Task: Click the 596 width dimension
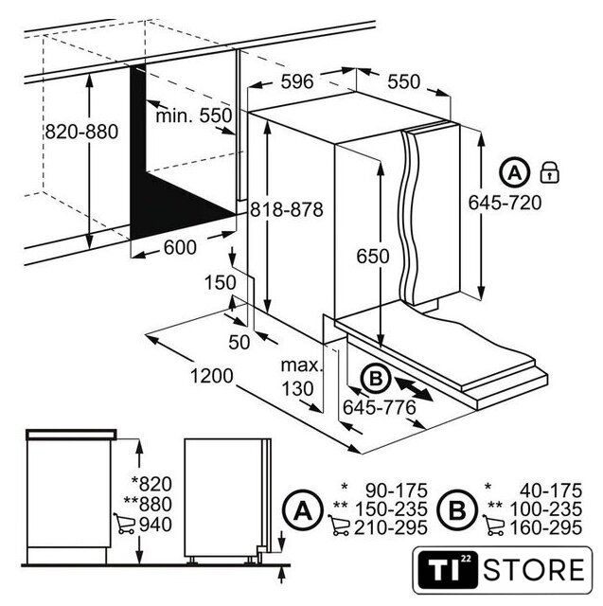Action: point(297,81)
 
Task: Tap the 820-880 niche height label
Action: point(81,132)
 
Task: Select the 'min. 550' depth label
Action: point(193,116)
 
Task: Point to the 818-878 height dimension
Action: point(286,210)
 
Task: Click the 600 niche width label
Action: point(180,247)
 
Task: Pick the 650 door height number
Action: point(373,257)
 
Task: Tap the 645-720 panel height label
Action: point(505,203)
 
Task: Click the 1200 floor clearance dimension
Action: point(212,376)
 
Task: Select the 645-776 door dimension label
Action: point(380,407)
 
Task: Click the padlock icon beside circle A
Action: point(549,172)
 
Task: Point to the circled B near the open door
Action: point(376,379)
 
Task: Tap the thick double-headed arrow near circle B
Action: point(414,389)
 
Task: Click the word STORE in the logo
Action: point(534,570)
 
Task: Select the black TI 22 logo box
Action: point(448,570)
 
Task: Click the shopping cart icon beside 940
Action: point(124,524)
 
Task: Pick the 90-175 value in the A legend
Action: point(397,490)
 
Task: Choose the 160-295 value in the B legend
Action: point(546,528)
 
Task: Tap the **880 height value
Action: point(148,505)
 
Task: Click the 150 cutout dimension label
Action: point(221,282)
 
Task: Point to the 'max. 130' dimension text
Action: point(300,377)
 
